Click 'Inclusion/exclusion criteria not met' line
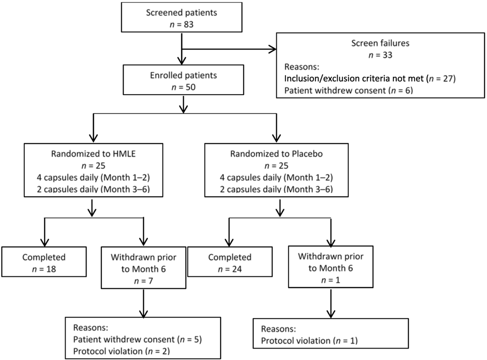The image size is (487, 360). [x=370, y=78]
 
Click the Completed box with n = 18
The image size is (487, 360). [x=44, y=263]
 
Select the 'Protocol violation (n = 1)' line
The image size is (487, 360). [x=309, y=341]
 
